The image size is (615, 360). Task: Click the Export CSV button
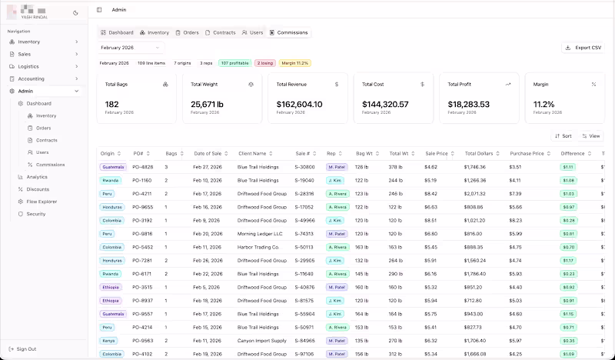click(583, 48)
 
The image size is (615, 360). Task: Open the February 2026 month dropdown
click(131, 48)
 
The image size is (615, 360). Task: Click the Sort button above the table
click(563, 135)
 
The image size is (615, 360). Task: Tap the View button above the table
click(590, 135)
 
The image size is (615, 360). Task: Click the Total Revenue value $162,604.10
click(299, 104)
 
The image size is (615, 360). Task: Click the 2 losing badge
click(264, 63)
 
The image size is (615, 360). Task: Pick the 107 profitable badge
click(234, 63)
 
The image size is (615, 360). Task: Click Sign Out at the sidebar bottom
click(26, 348)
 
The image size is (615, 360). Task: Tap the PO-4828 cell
click(143, 167)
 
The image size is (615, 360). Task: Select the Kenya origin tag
click(108, 340)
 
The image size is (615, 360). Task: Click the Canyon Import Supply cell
click(262, 340)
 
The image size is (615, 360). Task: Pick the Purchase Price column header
click(527, 154)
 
